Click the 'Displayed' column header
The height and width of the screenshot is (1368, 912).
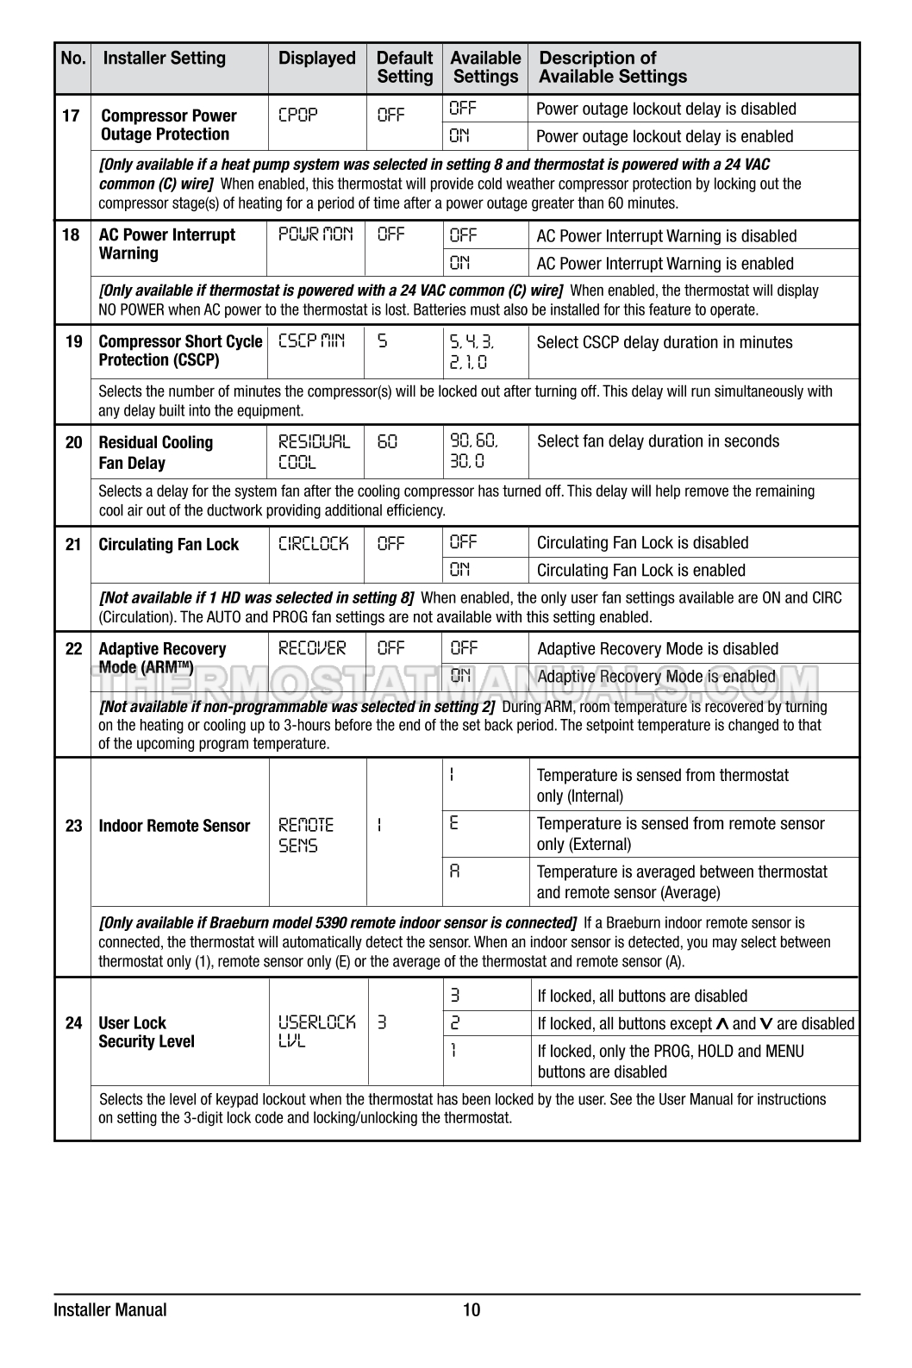click(316, 59)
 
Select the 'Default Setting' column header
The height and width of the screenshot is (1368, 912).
click(404, 67)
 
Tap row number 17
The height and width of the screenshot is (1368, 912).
click(72, 116)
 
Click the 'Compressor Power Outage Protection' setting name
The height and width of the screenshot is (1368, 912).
click(168, 125)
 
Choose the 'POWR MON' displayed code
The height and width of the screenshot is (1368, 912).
click(315, 234)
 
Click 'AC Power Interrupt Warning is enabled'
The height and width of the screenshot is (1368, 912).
click(665, 264)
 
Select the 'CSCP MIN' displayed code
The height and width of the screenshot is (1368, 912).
click(311, 340)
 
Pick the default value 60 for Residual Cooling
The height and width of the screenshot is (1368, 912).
click(387, 441)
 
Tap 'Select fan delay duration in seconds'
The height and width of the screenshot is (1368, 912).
click(658, 441)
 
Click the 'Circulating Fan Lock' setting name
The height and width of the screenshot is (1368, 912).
click(168, 545)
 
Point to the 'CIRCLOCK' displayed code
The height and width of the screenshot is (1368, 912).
click(314, 543)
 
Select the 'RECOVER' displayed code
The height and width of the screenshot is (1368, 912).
click(312, 648)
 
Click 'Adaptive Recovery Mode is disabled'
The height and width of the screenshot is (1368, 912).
click(657, 649)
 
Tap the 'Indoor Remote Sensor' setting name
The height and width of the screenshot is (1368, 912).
click(174, 826)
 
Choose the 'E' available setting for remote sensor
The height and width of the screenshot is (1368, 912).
click(454, 823)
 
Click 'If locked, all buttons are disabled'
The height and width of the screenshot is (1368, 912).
click(642, 996)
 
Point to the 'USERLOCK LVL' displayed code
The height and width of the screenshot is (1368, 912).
click(316, 1032)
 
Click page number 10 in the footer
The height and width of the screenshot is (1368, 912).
click(472, 1310)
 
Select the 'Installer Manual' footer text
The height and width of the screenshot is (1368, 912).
click(110, 1310)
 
